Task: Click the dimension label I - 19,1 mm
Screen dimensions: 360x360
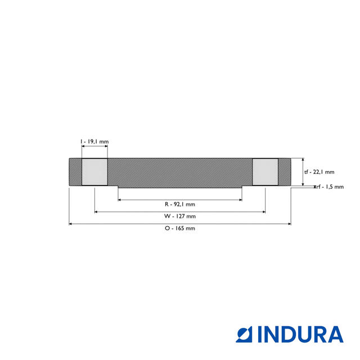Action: point(94,142)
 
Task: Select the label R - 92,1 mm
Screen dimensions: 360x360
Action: point(180,204)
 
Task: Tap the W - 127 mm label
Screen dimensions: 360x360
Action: point(180,216)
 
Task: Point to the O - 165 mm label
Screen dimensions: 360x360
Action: point(180,228)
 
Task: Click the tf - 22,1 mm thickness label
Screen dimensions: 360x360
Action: point(319,172)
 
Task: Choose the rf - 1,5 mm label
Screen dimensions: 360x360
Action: point(330,187)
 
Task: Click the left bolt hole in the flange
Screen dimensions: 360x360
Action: point(95,172)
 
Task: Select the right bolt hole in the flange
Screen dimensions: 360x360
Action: point(264,172)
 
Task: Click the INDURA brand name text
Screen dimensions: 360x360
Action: point(300,334)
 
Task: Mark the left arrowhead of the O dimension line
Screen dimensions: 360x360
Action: point(71,224)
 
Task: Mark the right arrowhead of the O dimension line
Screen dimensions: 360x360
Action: point(289,224)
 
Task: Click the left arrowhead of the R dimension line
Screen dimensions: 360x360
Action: point(120,199)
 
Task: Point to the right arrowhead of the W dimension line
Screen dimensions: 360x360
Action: point(263,211)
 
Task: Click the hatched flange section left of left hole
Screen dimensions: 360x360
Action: point(75,172)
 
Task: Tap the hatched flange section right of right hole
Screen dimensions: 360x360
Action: point(284,172)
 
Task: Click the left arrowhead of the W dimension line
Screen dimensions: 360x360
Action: point(97,211)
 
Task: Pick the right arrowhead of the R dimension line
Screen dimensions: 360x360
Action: point(240,199)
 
